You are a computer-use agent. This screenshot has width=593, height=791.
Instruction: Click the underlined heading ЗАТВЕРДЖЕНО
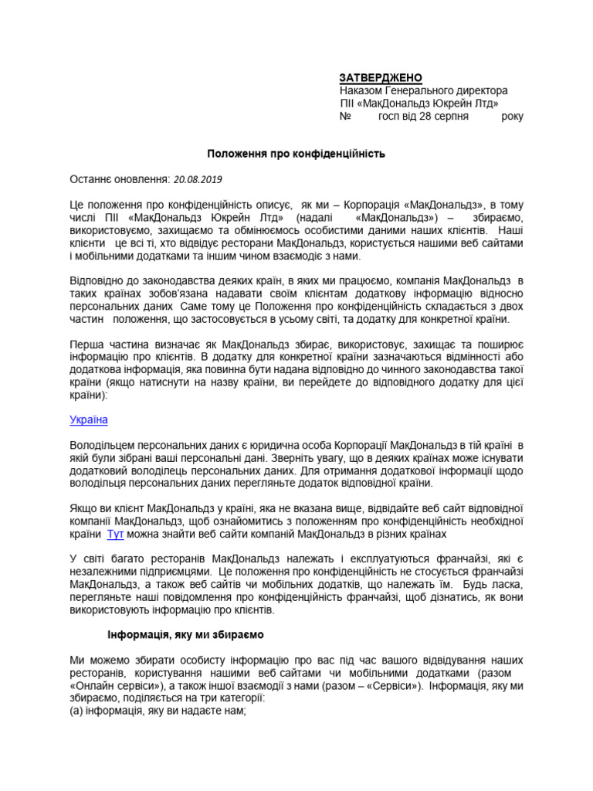pyautogui.click(x=381, y=78)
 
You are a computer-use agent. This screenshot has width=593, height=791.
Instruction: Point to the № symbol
pyautogui.click(x=345, y=116)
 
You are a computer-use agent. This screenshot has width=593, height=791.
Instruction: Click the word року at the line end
pyautogui.click(x=512, y=116)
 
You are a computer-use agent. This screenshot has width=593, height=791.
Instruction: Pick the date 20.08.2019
pyautogui.click(x=198, y=179)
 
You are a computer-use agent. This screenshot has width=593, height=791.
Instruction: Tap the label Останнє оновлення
pyautogui.click(x=120, y=179)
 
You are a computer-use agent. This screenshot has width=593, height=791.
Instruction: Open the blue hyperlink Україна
pyautogui.click(x=89, y=419)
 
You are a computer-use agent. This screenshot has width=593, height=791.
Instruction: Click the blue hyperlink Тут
pyautogui.click(x=115, y=534)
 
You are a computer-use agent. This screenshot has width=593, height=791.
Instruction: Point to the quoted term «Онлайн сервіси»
pyautogui.click(x=108, y=685)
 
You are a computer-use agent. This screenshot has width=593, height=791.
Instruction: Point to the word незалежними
pyautogui.click(x=106, y=572)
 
